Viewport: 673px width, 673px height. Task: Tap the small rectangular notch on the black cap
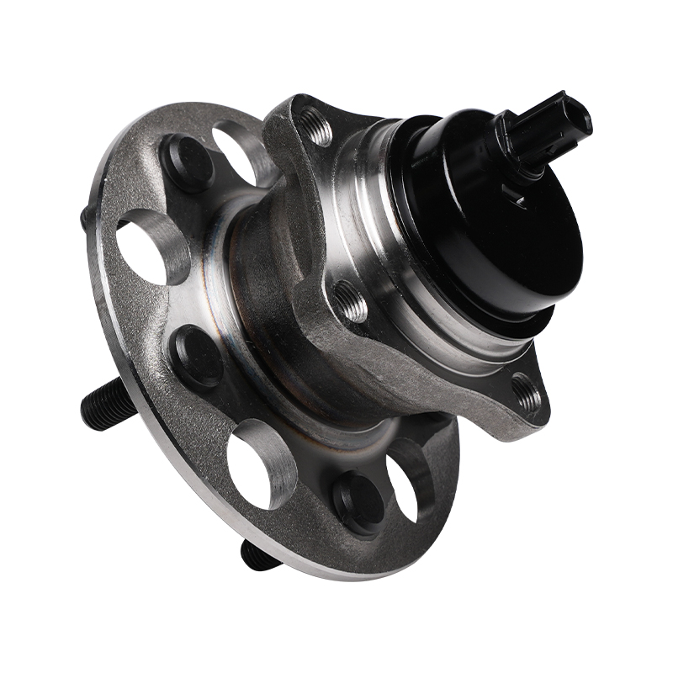click(519, 200)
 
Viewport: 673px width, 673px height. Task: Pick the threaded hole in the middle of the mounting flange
click(350, 299)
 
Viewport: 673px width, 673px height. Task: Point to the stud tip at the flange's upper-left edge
click(87, 216)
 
